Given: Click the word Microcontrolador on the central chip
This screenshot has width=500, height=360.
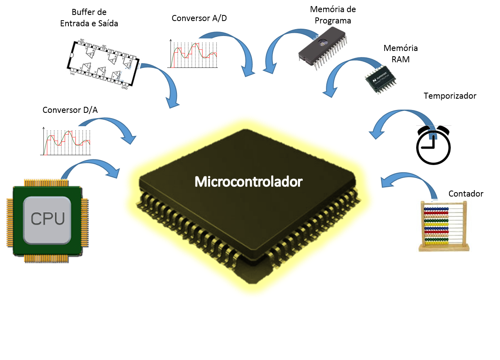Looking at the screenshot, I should point(248,182).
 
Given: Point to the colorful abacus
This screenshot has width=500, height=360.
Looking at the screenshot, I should point(444,226).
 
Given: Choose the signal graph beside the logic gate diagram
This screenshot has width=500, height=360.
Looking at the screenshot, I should point(193,53).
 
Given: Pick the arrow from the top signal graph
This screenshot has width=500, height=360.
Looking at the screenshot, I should point(239,49).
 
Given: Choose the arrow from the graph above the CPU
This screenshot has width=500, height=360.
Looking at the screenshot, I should point(113,125).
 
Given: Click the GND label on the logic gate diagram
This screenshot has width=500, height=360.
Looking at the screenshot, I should point(125,86).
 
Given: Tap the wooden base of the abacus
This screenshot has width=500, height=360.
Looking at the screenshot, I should point(445,248).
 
